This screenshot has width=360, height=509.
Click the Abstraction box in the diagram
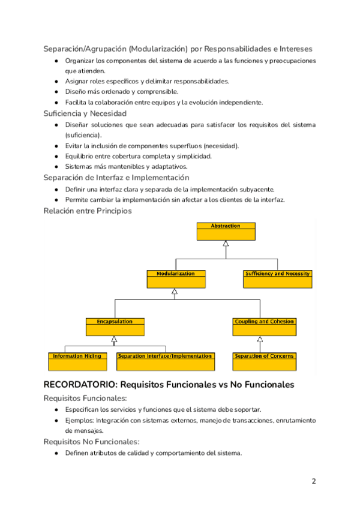point(226,230)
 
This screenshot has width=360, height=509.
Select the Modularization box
point(176,279)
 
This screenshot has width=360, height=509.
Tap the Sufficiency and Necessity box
point(277,279)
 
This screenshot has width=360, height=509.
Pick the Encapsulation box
point(115,326)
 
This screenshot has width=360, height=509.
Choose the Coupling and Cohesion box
point(264,326)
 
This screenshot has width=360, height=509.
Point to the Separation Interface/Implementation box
point(165,360)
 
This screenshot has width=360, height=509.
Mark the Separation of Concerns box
point(264,360)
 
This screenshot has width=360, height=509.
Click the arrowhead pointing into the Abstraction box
point(226,243)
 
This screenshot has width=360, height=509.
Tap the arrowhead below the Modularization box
point(175,291)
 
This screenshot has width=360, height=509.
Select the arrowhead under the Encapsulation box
point(114,339)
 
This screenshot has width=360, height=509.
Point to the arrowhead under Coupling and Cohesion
point(260,339)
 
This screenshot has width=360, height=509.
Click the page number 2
point(313,481)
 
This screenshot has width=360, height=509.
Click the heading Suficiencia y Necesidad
point(85,113)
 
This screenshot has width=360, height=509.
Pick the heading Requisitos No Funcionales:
point(91,442)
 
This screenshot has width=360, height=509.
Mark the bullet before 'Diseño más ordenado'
point(56,92)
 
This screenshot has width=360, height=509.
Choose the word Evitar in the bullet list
point(74,146)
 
